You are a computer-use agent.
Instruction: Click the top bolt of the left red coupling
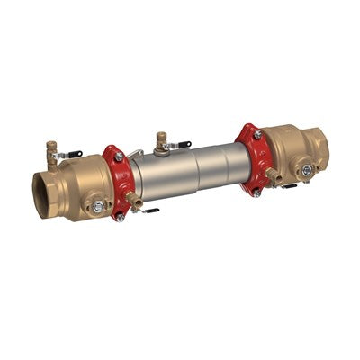pos(119,157)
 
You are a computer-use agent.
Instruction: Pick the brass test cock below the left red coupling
pos(133,200)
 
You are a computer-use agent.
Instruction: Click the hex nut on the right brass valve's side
pos(308,169)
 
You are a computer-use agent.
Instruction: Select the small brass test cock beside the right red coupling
pos(269,173)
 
